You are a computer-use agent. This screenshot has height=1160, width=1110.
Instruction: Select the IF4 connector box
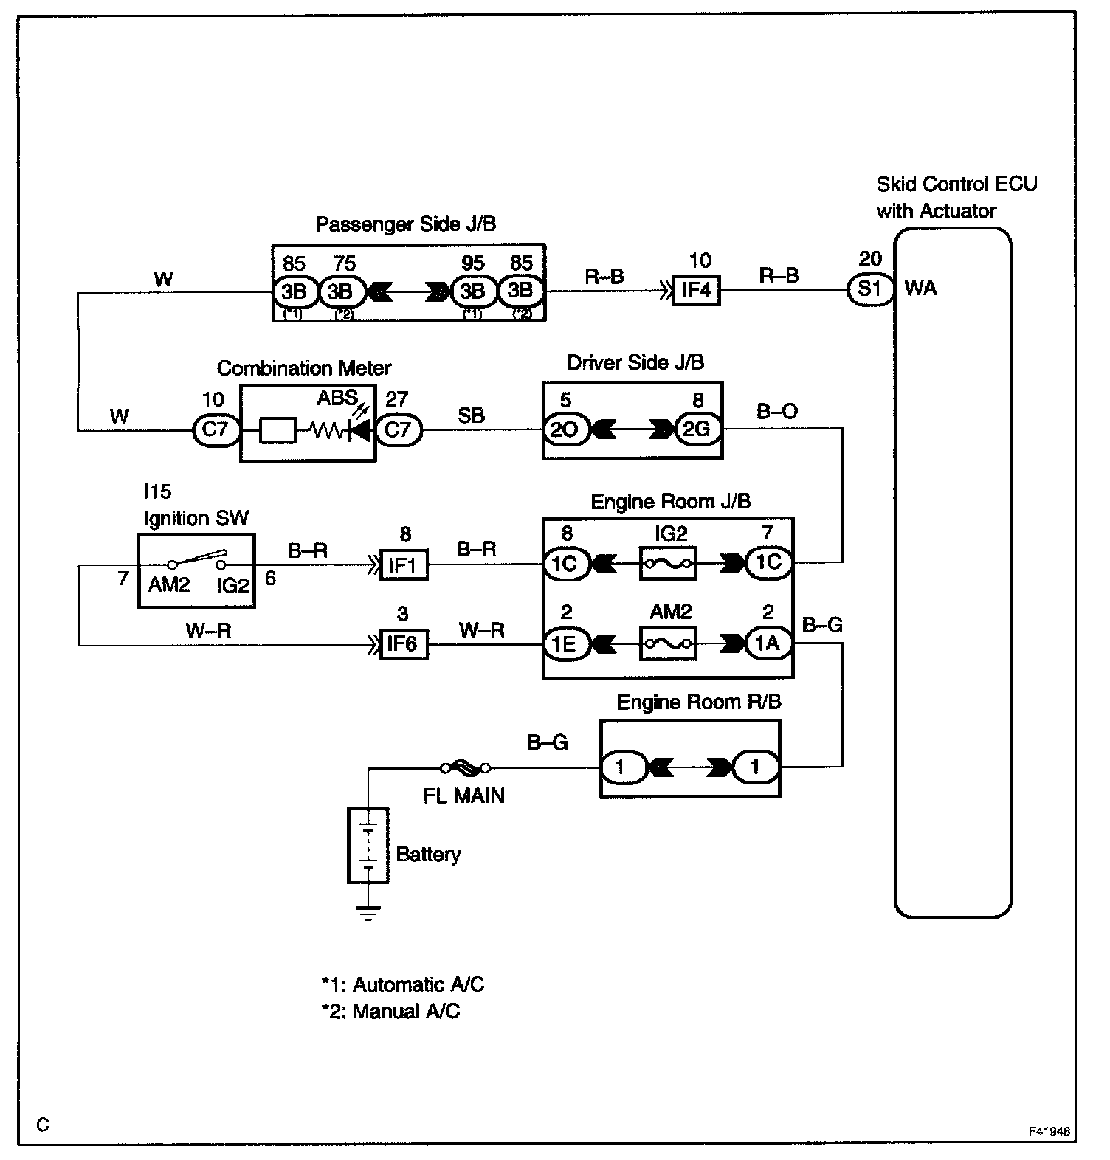tap(696, 290)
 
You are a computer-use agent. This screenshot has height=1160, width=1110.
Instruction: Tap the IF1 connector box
tap(403, 565)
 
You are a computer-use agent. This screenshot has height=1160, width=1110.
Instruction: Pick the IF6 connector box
tap(403, 644)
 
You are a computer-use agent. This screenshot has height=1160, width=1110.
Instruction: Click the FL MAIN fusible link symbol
tap(465, 768)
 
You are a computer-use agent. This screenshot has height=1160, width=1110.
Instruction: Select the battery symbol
tap(368, 845)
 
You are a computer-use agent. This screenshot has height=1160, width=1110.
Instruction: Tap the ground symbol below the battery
tap(368, 914)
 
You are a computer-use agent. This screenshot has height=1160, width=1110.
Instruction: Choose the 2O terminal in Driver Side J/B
tap(565, 429)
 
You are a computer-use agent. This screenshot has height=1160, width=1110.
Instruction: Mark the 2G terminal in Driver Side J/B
tap(696, 429)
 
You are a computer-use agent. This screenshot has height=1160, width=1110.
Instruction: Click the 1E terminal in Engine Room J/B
tap(565, 644)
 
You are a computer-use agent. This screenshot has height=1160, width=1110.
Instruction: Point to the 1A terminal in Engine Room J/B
tap(768, 644)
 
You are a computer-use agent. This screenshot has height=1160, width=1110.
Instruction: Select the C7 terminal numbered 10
tap(215, 429)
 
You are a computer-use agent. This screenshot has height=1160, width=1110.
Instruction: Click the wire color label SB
tap(471, 415)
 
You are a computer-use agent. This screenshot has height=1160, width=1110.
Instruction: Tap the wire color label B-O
tap(777, 411)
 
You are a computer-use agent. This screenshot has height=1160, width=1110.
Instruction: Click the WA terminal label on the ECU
tap(920, 289)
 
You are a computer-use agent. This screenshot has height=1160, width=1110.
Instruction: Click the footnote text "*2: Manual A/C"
tap(390, 1010)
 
